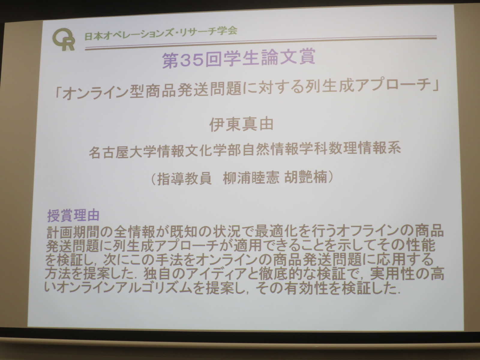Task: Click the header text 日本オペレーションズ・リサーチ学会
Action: click(161, 34)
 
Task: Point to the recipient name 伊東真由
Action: click(241, 124)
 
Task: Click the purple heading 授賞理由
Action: click(73, 215)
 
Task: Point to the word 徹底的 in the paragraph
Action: click(280, 274)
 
